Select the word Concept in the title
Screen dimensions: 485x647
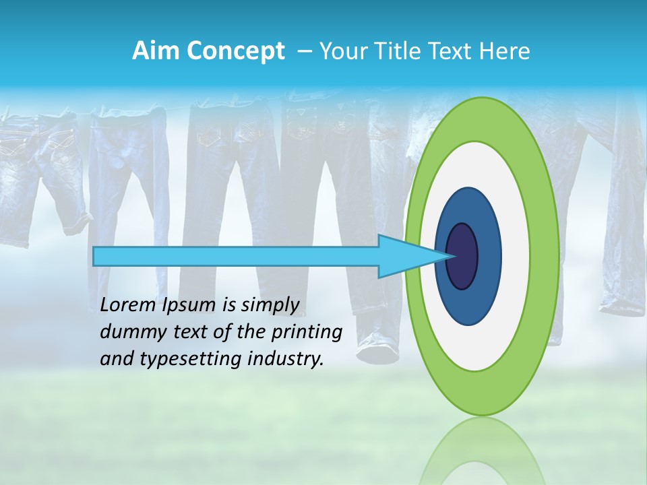[x=235, y=52]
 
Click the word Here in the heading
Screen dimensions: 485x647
[x=505, y=51]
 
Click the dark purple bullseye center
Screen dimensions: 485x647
[x=462, y=256]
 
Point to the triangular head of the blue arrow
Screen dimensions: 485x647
[x=404, y=256]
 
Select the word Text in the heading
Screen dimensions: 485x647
[x=452, y=51]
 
